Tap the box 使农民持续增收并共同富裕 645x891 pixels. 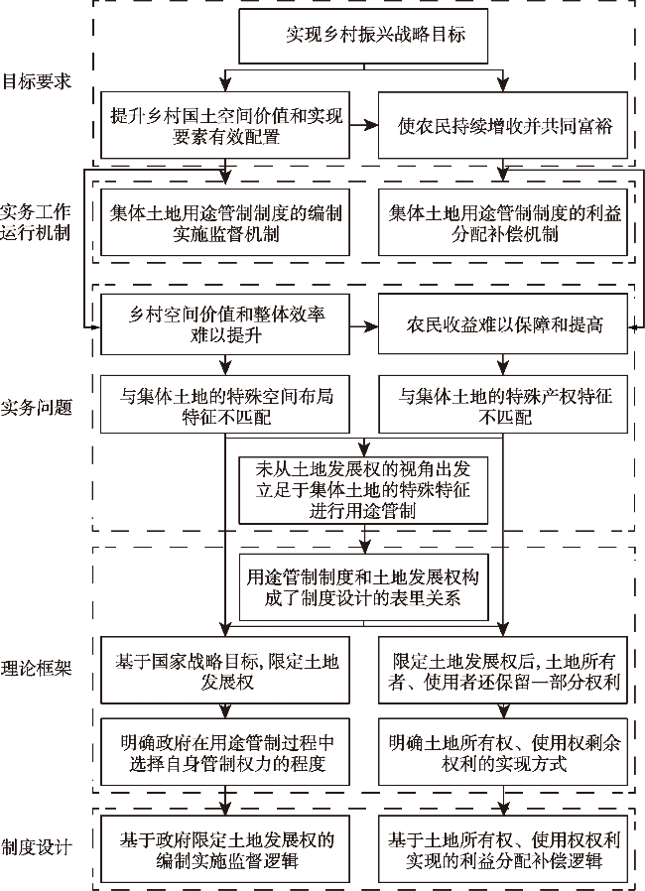point(504,126)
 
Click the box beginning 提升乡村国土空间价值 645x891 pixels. point(225,126)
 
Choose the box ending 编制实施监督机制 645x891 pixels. point(223,223)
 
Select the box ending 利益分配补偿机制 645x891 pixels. point(504,223)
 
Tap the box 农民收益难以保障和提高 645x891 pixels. point(504,325)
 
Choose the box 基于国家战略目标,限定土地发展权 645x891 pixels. point(223,669)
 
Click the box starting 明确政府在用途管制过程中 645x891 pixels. point(223,751)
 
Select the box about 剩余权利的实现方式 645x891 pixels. point(504,751)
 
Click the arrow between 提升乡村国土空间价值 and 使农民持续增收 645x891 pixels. point(364,126)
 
